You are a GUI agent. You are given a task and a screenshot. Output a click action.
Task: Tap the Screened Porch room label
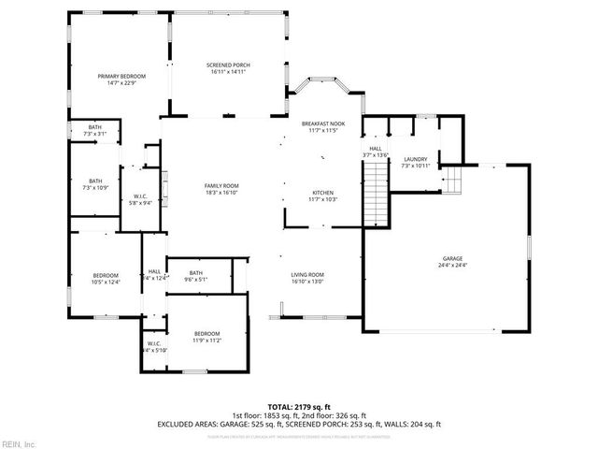click(x=228, y=65)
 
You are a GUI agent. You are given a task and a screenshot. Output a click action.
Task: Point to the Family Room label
click(x=222, y=185)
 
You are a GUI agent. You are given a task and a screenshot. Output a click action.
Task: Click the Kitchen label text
click(x=322, y=193)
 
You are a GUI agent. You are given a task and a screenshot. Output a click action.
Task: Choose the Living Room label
click(x=307, y=274)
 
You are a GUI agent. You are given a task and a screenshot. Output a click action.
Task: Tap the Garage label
click(x=452, y=258)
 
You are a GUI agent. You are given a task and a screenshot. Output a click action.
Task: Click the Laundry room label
click(x=415, y=159)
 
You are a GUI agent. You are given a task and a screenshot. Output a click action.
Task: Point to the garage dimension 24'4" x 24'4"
click(x=452, y=266)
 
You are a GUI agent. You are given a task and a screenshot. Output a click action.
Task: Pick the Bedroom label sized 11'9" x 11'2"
click(x=206, y=334)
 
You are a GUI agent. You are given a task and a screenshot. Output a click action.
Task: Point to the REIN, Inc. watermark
click(x=19, y=442)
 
